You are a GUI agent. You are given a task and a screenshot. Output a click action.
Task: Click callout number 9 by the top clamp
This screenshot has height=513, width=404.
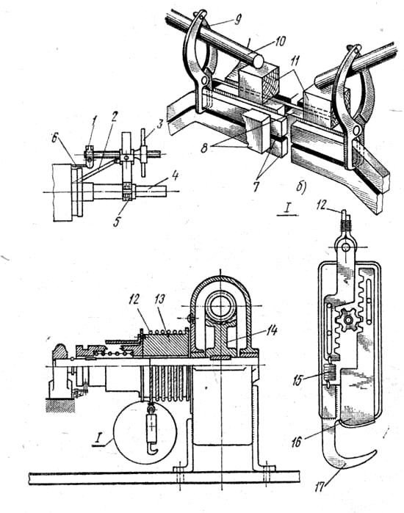click(237, 20)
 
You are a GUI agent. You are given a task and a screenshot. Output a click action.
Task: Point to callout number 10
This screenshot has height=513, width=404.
click(281, 41)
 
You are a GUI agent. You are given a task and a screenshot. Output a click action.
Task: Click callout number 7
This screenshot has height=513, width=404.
click(256, 186)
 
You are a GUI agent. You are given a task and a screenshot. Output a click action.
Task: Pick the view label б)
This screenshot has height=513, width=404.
click(300, 187)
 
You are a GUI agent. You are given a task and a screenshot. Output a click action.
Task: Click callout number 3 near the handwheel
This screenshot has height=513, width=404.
click(159, 125)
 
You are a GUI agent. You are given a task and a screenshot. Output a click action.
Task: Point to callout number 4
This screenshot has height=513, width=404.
click(175, 176)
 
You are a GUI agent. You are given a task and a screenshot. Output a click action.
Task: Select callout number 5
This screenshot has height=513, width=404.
click(117, 221)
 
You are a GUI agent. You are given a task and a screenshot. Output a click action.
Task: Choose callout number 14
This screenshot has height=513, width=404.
click(271, 330)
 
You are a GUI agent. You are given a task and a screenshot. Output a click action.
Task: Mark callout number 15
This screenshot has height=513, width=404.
click(298, 380)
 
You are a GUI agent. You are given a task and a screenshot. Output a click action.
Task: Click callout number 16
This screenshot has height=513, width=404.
click(297, 443)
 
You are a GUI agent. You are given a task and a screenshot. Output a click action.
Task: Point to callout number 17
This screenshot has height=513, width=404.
click(320, 487)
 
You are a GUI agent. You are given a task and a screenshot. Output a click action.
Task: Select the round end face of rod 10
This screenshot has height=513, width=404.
click(259, 61)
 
